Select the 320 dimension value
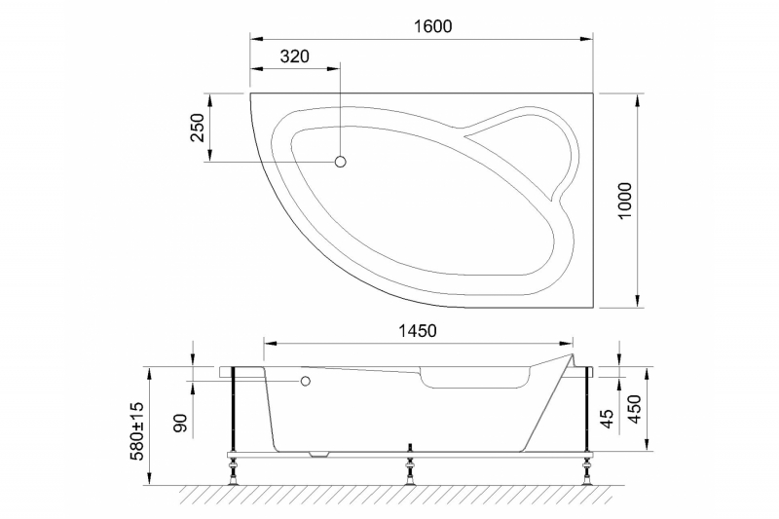pos(294,56)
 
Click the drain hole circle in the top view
pos(341,162)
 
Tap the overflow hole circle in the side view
pos(306,382)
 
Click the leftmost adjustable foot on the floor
pos(234,476)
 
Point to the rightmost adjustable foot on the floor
pos(587,476)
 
